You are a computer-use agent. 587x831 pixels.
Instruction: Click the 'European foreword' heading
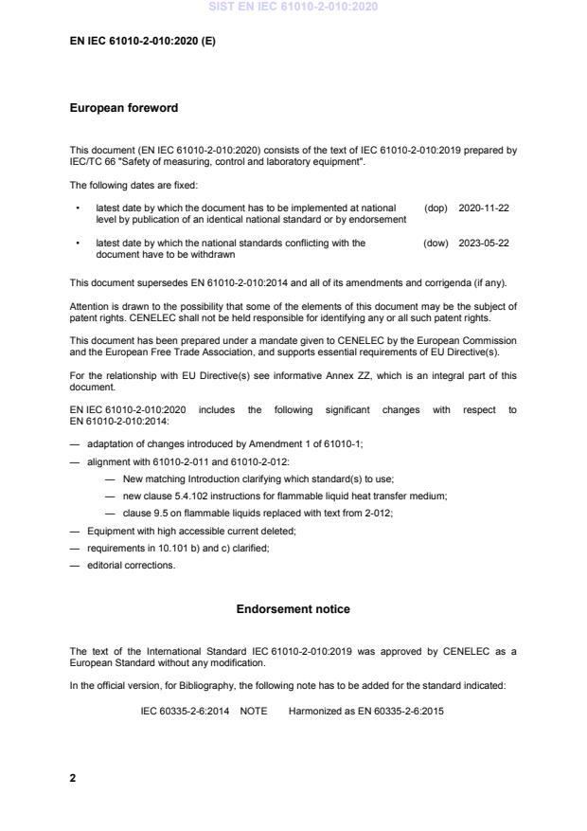coord(123,108)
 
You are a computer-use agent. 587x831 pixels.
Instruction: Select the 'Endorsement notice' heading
coord(293,609)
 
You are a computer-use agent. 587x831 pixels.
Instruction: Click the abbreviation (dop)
coord(436,208)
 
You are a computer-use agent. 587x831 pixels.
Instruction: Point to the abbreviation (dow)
coord(436,243)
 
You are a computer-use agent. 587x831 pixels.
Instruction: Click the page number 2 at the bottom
coord(73,778)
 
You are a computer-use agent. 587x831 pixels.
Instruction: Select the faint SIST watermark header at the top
coord(293,7)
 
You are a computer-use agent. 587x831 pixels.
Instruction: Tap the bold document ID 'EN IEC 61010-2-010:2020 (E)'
coord(142,42)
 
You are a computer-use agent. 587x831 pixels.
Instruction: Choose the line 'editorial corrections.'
coord(131,566)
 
